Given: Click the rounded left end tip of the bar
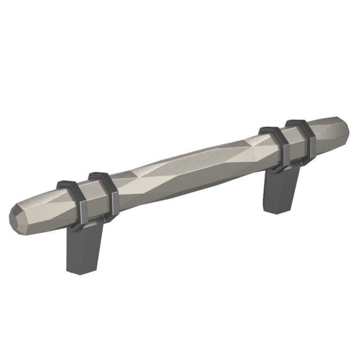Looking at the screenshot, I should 17,217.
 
